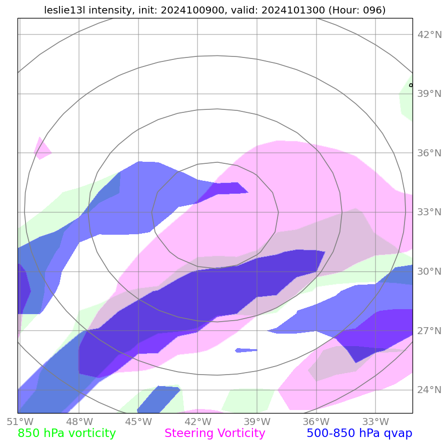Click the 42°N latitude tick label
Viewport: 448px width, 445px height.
point(429,34)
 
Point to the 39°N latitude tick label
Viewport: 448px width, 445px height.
point(429,94)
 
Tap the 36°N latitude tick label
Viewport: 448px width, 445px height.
point(429,153)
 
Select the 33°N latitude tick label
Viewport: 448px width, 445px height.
point(429,212)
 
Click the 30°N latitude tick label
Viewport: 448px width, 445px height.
point(429,271)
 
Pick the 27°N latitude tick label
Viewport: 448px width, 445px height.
point(429,331)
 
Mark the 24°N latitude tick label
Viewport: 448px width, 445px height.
point(429,390)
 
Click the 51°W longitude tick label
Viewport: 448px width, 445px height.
point(19,422)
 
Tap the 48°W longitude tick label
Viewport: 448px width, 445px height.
point(78,422)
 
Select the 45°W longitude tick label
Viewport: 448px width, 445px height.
point(138,422)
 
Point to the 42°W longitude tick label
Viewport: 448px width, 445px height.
point(197,422)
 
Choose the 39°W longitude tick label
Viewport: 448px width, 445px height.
point(257,422)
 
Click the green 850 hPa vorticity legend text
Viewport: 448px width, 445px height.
point(67,434)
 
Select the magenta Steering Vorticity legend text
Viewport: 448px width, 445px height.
point(214,434)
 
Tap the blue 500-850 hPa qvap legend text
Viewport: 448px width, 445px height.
point(359,434)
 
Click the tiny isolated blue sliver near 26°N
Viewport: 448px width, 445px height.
point(246,350)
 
